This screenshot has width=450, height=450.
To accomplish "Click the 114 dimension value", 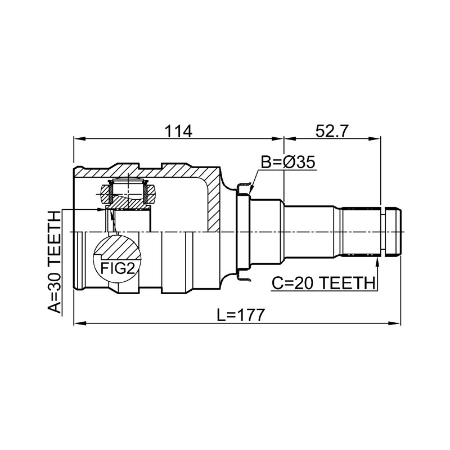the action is [178, 132].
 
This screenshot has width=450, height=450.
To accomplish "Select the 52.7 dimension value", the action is [331, 132].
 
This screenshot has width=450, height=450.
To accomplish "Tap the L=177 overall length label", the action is [240, 315].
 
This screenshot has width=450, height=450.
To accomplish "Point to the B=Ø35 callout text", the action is [288, 162].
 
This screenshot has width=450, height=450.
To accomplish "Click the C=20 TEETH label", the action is [323, 283].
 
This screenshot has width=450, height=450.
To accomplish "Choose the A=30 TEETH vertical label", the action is [55, 262].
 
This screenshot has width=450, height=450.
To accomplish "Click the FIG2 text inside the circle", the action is [118, 268].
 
